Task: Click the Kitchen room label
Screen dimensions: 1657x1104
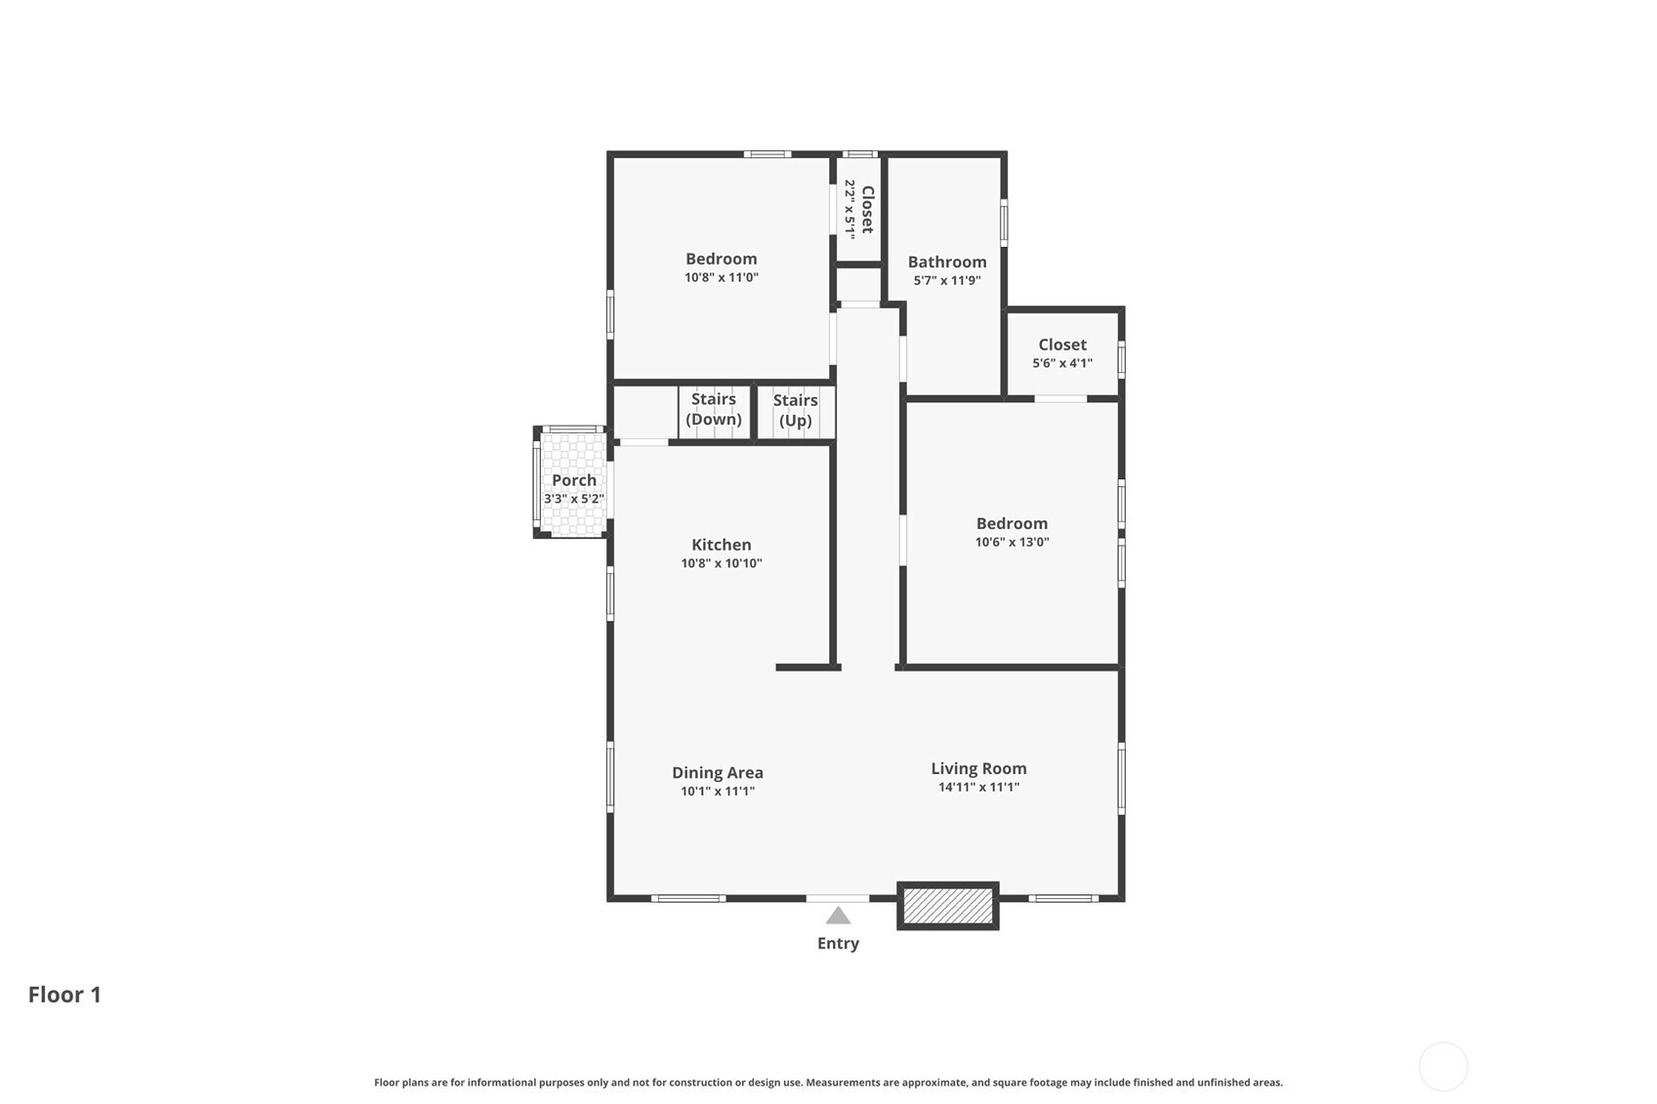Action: [x=722, y=545]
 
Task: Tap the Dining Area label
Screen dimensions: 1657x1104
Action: [x=718, y=773]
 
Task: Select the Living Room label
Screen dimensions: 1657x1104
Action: [x=978, y=769]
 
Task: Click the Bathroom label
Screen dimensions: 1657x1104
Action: [x=947, y=262]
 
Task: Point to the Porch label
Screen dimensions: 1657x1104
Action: [x=574, y=480]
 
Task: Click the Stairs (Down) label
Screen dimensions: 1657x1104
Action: [x=714, y=409]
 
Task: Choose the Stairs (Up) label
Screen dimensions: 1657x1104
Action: [x=795, y=410]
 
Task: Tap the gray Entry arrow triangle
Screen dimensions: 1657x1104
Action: [x=838, y=917]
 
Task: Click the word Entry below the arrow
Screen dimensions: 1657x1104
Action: [x=838, y=944]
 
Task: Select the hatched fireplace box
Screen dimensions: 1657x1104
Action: [x=947, y=906]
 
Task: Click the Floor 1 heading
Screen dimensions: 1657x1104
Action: [x=64, y=995]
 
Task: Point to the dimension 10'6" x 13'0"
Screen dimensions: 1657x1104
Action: [x=1012, y=542]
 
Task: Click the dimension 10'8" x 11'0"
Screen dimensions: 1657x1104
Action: [x=722, y=278]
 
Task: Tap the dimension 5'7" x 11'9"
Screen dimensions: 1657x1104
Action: [x=947, y=281]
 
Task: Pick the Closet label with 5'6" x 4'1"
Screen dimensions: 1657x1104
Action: [x=1062, y=345]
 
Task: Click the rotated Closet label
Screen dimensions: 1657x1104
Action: [x=868, y=209]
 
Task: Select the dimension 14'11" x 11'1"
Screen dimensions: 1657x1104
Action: [x=978, y=788]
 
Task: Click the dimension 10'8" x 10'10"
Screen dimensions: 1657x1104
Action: [x=722, y=563]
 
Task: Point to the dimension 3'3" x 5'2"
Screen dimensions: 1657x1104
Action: [x=574, y=499]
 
